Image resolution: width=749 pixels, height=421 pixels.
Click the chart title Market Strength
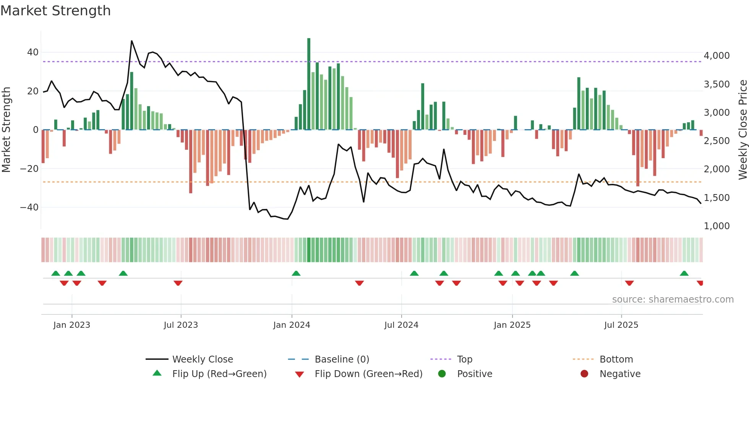55,11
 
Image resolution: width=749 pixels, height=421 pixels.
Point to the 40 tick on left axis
33,52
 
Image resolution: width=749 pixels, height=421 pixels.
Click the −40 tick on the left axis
29,207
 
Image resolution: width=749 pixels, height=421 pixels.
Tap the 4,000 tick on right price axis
717,56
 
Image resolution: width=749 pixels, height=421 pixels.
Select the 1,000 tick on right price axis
717,226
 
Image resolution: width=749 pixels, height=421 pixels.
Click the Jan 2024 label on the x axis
292,325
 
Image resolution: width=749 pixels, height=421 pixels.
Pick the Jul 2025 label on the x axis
621,325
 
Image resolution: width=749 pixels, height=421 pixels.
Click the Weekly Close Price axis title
743,130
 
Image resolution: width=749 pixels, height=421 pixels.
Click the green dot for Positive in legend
442,374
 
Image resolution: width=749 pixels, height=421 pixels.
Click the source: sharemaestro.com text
673,300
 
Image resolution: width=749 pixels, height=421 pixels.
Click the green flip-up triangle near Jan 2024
296,273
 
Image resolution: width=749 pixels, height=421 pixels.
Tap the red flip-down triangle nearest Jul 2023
178,283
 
